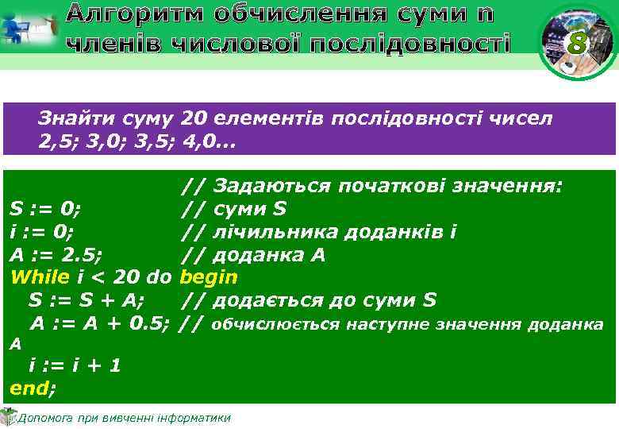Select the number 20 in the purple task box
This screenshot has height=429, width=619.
click(x=194, y=119)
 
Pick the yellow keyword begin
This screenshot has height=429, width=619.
click(x=209, y=277)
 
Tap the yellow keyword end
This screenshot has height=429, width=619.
click(x=30, y=388)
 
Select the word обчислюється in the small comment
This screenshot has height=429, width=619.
click(x=275, y=324)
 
